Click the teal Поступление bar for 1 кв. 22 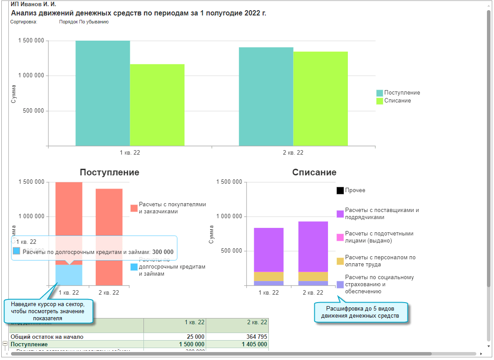click(x=102, y=93)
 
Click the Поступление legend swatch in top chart click(x=380, y=93)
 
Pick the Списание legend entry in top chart click(x=397, y=101)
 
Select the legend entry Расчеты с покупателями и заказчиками click(x=172, y=208)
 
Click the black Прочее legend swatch click(x=340, y=190)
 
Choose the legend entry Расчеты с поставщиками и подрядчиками click(x=381, y=213)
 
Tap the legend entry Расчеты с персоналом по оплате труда click(x=380, y=261)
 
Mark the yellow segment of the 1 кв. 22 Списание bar click(x=268, y=276)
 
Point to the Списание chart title click(x=314, y=172)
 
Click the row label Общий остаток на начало click(x=47, y=337)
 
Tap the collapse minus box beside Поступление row click(x=5, y=344)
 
